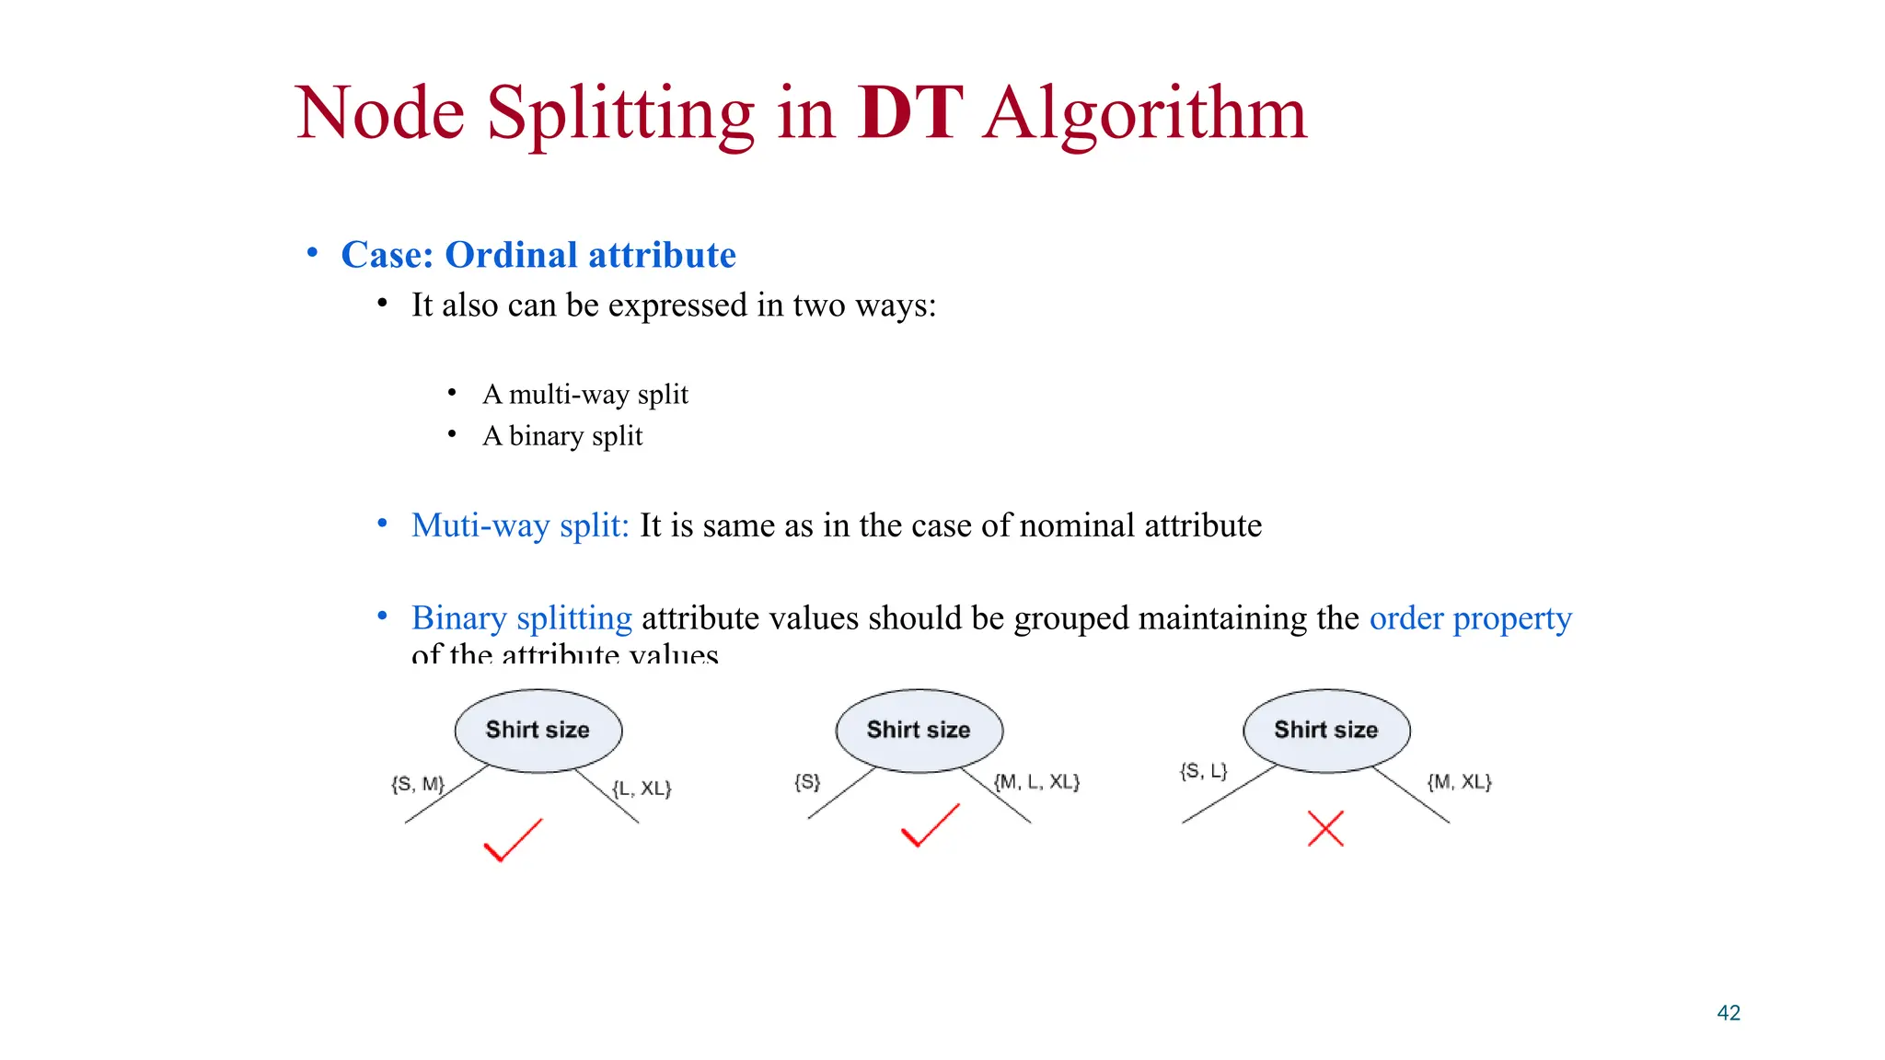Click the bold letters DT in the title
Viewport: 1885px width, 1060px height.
tap(909, 114)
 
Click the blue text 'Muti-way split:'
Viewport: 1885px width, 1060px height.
tap(520, 525)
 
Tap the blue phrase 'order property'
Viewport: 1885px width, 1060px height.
tap(1470, 617)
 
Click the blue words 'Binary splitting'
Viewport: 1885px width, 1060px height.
tap(522, 617)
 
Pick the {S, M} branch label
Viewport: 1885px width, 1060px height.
tap(418, 784)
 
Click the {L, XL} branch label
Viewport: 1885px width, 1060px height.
tap(642, 789)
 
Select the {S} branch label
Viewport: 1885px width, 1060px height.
tap(807, 782)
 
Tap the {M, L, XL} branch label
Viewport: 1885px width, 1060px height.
tap(1036, 782)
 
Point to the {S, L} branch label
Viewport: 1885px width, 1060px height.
tap(1203, 771)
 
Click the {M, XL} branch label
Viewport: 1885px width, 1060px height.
tap(1459, 782)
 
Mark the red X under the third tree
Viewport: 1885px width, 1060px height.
tap(1325, 828)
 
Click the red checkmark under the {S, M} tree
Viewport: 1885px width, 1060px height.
tap(512, 840)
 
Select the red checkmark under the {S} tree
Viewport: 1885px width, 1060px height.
tap(930, 825)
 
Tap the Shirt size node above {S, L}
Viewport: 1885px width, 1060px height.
tap(1326, 730)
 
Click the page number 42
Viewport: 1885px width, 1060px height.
tap(1729, 1013)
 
